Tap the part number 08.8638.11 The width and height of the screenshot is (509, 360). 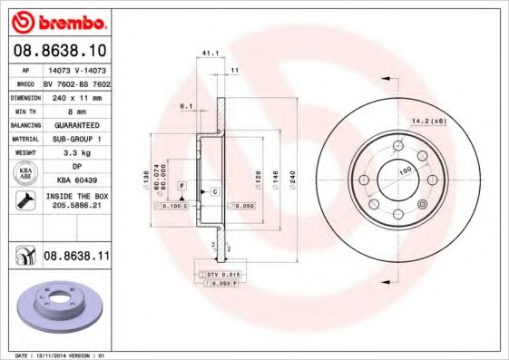tap(76, 257)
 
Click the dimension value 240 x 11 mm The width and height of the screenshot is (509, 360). tap(76, 95)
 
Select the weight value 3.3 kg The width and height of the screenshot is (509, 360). tap(76, 153)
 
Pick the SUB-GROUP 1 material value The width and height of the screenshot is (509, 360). tap(76, 139)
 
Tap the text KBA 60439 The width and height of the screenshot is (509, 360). tap(76, 180)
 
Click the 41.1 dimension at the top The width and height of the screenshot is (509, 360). tap(207, 53)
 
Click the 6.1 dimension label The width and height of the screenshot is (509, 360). tap(187, 106)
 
